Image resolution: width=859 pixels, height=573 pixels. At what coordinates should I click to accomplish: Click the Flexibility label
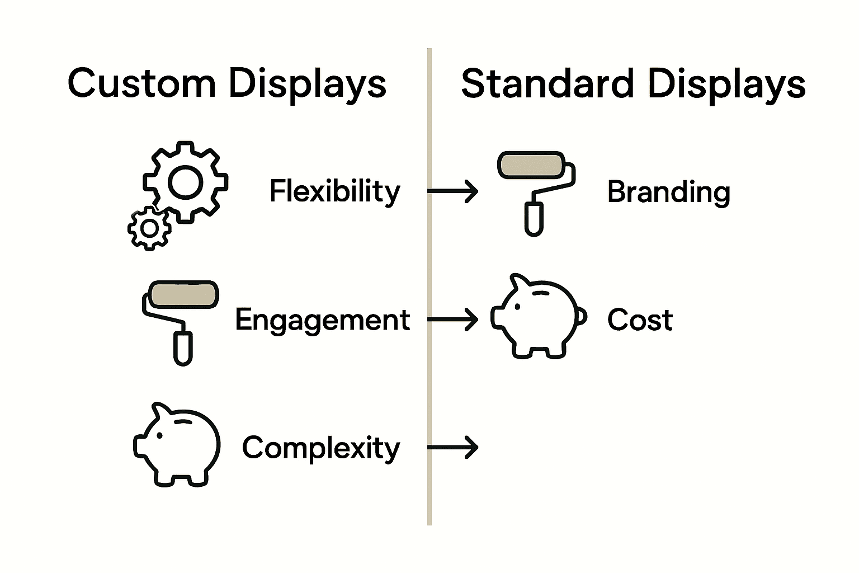334,191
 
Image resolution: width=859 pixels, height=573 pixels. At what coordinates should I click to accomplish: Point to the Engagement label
322,320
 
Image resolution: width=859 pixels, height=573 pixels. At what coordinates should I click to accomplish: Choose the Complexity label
321,448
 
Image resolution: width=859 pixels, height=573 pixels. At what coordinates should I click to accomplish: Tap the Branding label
668,192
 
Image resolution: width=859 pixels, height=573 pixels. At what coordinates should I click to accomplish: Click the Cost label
640,320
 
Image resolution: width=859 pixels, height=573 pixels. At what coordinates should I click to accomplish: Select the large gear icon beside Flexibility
186,182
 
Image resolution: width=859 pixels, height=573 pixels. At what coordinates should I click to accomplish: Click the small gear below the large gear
149,228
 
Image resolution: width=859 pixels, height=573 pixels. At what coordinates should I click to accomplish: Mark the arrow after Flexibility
453,191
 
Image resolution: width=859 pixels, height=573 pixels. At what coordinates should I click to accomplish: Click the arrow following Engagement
453,320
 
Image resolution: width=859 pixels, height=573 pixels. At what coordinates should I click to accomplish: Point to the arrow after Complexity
453,447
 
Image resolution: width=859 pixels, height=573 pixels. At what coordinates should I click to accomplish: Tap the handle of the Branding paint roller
534,218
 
